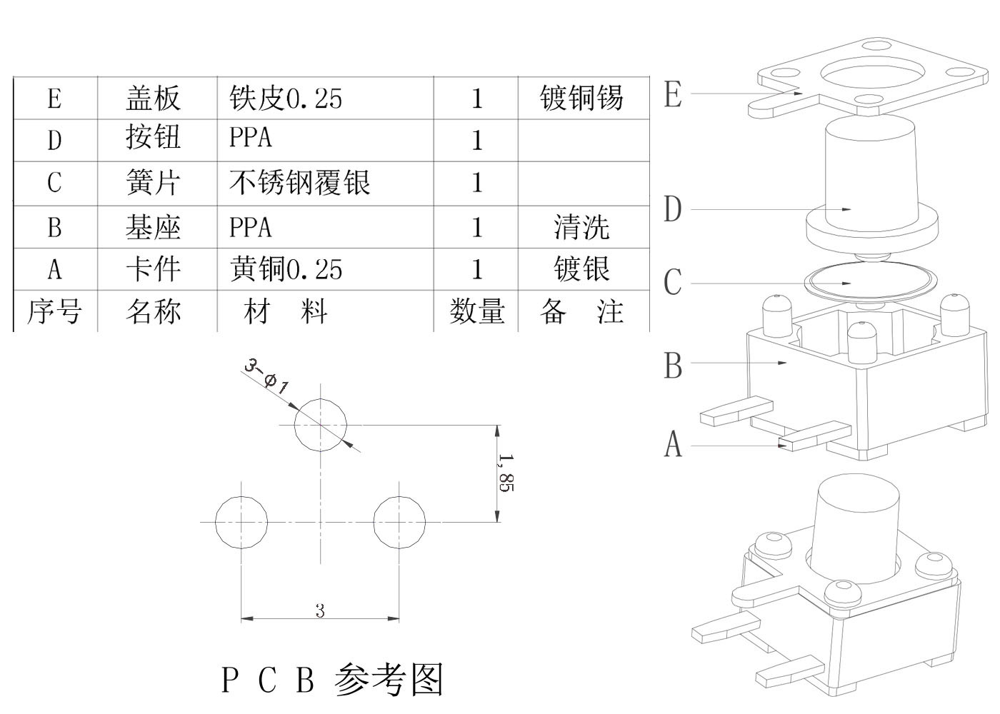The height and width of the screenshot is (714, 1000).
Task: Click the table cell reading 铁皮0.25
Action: click(x=286, y=98)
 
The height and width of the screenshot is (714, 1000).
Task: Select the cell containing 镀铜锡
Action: click(x=581, y=98)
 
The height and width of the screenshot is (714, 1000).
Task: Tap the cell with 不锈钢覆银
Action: click(x=300, y=183)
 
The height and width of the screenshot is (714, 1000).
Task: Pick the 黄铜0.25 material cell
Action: click(x=286, y=269)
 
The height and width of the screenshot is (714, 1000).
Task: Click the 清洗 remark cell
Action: click(x=581, y=227)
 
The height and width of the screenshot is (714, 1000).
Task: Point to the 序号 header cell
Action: click(x=54, y=311)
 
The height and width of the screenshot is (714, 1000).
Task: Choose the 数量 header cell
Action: click(x=476, y=311)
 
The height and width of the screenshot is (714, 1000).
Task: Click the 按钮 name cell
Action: click(x=153, y=138)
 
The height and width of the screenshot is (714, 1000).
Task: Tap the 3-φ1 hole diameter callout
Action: click(x=266, y=376)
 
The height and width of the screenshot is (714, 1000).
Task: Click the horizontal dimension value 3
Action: click(x=320, y=611)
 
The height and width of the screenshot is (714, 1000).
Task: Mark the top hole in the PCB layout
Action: click(x=321, y=425)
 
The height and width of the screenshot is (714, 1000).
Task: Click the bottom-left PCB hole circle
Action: click(x=241, y=522)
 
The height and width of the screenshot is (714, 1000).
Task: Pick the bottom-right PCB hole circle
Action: click(x=399, y=522)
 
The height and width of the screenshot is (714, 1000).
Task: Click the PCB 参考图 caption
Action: click(x=333, y=679)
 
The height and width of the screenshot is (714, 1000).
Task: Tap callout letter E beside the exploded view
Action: click(x=672, y=94)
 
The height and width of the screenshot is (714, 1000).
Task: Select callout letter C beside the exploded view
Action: click(x=672, y=282)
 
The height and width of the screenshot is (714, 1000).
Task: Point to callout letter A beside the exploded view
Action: click(x=673, y=444)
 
